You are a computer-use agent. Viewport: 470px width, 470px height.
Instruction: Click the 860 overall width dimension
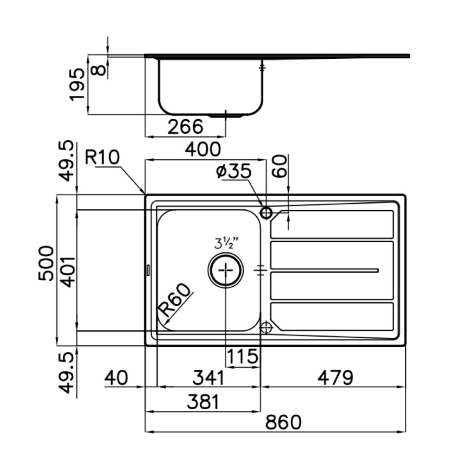click(283, 422)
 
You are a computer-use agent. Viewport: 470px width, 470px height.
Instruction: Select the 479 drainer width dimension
click(336, 378)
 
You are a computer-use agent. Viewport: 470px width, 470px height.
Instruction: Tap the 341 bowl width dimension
click(208, 378)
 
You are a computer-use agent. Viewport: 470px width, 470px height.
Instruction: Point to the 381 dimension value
click(204, 402)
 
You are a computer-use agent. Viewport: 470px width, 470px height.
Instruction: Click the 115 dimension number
click(242, 356)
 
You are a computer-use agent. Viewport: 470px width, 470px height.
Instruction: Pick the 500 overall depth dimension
click(47, 263)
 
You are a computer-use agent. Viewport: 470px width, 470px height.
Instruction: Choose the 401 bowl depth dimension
click(70, 272)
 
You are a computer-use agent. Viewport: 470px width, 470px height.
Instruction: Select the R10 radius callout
click(102, 157)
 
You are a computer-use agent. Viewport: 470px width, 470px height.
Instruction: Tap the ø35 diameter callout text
click(234, 171)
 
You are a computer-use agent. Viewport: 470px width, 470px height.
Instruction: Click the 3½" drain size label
click(226, 243)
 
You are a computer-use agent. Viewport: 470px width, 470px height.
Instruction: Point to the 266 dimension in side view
click(185, 126)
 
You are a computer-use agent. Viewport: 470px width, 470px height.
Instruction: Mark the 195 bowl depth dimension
click(77, 84)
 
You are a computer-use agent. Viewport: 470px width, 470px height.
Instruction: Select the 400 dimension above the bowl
click(203, 149)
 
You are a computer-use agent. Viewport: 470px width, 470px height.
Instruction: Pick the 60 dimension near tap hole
click(280, 166)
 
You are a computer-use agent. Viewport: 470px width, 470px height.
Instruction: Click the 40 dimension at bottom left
click(116, 378)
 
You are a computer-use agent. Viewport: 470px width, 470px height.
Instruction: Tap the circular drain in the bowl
click(225, 270)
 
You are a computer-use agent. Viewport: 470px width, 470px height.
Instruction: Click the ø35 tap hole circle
click(266, 213)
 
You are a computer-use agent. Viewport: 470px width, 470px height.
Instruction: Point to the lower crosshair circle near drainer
click(265, 327)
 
